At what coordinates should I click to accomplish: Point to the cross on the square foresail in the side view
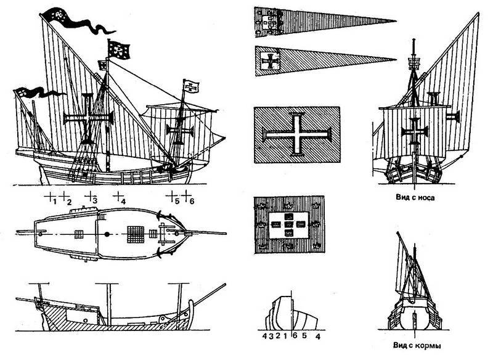(181, 131)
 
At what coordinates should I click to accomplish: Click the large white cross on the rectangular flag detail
(296, 134)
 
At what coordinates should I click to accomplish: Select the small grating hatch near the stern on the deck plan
(78, 234)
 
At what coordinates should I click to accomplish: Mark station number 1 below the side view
(55, 201)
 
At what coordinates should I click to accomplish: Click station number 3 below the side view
(92, 201)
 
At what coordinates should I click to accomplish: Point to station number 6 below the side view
(192, 201)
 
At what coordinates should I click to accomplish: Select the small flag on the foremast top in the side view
(193, 84)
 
